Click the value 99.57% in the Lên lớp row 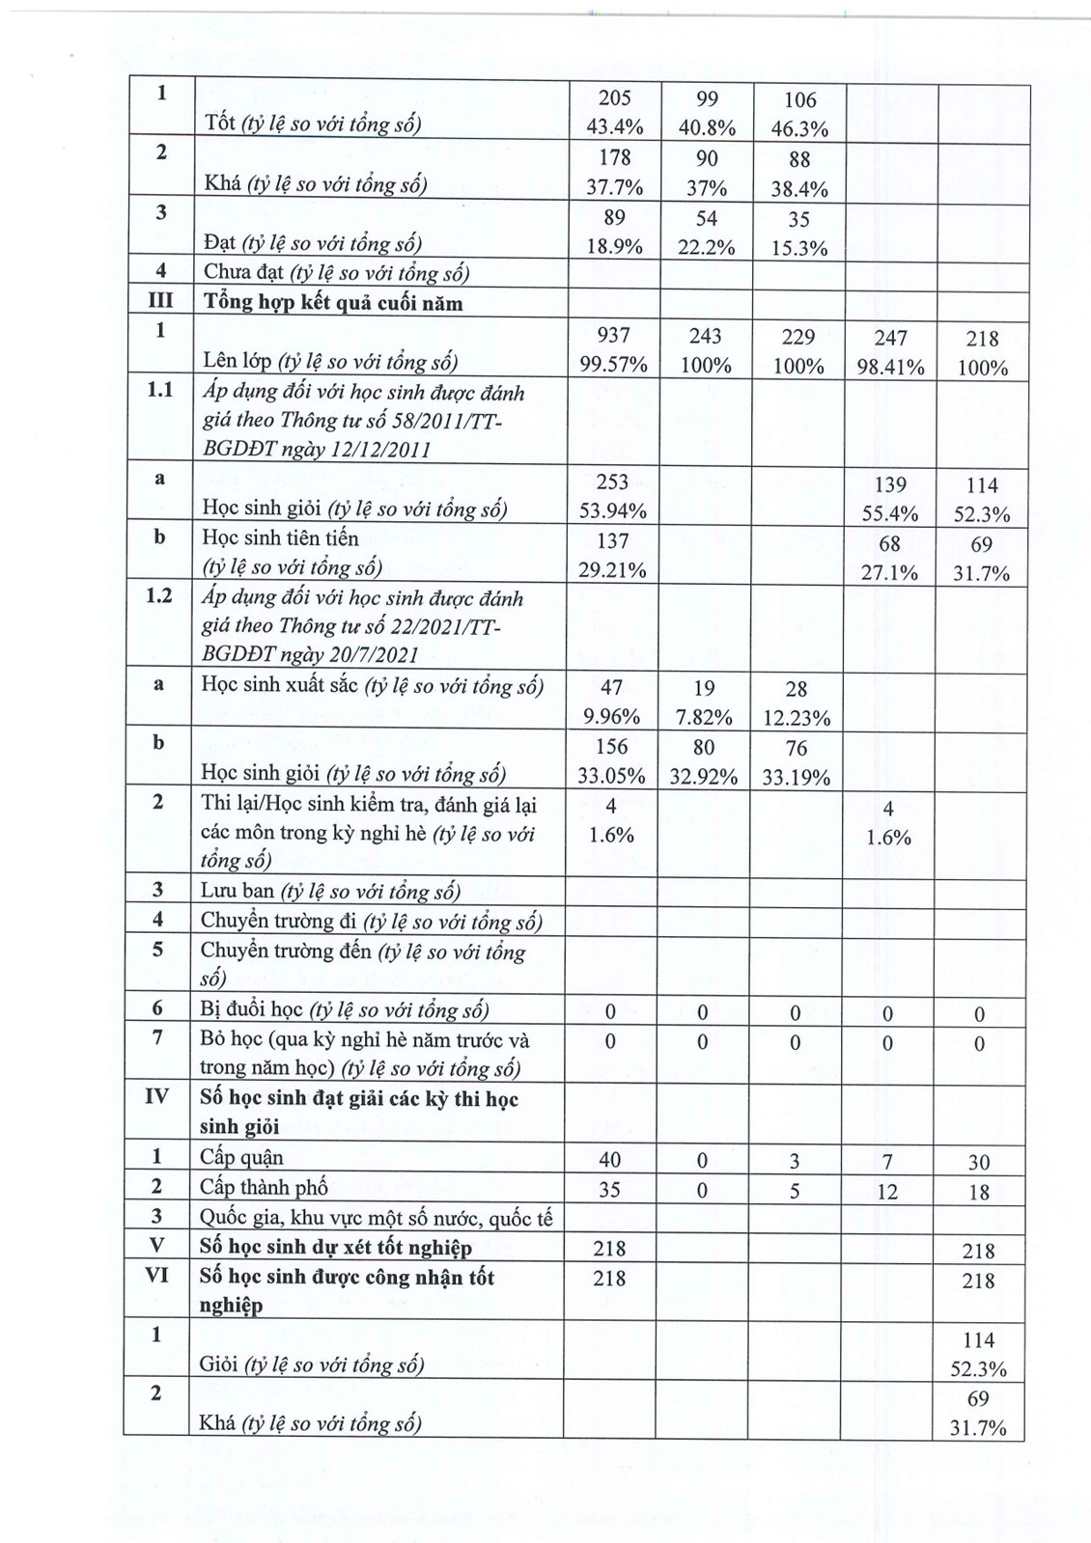point(613,365)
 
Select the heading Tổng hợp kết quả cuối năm point(332,303)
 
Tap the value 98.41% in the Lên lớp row point(889,367)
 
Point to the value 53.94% point(612,511)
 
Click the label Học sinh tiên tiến point(280,538)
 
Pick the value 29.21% point(612,570)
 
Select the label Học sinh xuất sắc point(280,685)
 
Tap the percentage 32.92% point(703,777)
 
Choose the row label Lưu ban point(238,892)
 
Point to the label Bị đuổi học point(252,1010)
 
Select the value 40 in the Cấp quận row point(610,1160)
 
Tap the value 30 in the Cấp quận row point(979,1163)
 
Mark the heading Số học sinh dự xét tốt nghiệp point(336,1248)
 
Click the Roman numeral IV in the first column point(156,1097)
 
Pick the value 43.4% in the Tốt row point(613,127)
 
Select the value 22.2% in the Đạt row point(706,247)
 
